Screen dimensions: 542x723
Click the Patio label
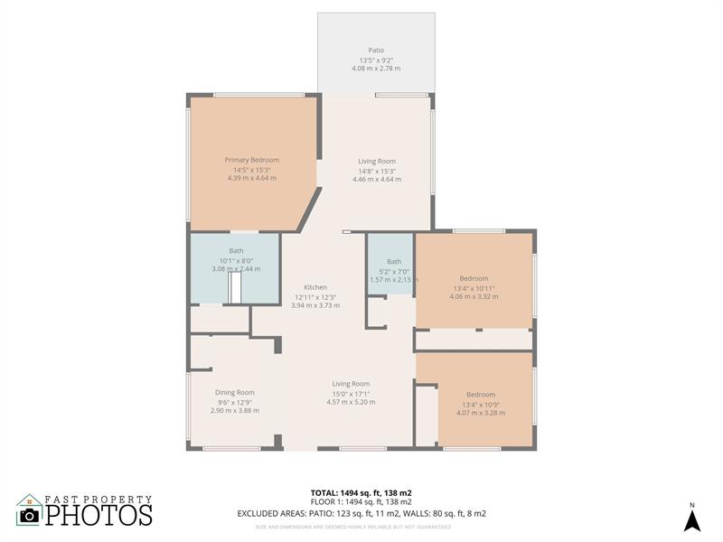pos(376,51)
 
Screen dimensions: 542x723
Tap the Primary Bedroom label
pos(252,160)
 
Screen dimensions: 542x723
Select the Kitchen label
pos(315,287)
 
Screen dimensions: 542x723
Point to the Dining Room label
pos(235,392)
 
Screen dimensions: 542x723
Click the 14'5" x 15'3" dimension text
pos(252,170)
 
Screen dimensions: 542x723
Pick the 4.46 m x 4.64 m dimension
pos(377,179)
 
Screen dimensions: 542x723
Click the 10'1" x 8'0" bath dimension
pos(236,260)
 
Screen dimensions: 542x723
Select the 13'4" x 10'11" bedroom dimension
pos(474,288)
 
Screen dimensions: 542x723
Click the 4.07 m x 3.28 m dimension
pos(481,413)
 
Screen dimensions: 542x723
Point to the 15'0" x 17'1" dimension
pos(351,393)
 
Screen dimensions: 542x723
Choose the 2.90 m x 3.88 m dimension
pos(235,410)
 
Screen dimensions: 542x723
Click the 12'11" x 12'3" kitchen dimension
pos(315,296)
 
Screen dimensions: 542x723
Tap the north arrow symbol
pos(691,519)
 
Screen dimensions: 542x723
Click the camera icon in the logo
pos(30,515)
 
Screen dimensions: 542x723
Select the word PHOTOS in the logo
pos(99,515)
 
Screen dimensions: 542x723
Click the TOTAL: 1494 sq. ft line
pos(361,492)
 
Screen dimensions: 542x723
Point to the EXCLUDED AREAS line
pos(361,513)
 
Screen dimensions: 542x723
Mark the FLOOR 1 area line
pos(361,502)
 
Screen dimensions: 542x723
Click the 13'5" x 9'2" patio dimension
pos(376,60)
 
